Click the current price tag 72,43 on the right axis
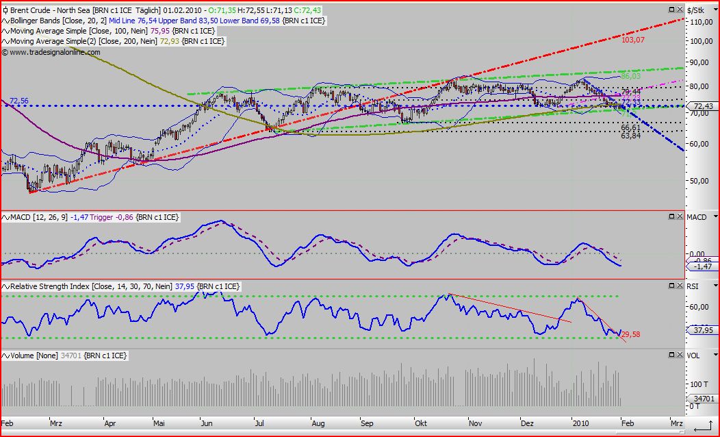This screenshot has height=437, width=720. pos(704,106)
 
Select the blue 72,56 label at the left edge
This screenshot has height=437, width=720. pos(19,101)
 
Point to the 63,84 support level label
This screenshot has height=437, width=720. pos(630,136)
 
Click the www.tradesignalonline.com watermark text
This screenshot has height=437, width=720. pos(51,52)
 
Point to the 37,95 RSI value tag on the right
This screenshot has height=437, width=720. pos(703,330)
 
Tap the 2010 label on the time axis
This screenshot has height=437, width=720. pos(580,424)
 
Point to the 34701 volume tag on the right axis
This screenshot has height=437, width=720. pos(704,397)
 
